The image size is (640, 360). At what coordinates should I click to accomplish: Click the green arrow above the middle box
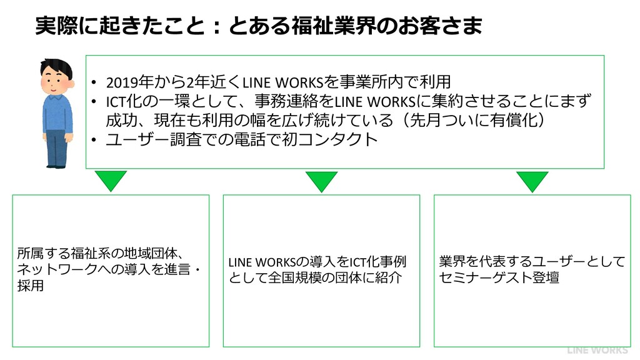point(322,181)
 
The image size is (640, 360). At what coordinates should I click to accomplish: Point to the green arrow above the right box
point(532,181)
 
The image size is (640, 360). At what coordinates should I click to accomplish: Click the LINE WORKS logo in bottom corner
point(597,351)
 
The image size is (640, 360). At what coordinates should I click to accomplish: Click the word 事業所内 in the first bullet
point(387,82)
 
